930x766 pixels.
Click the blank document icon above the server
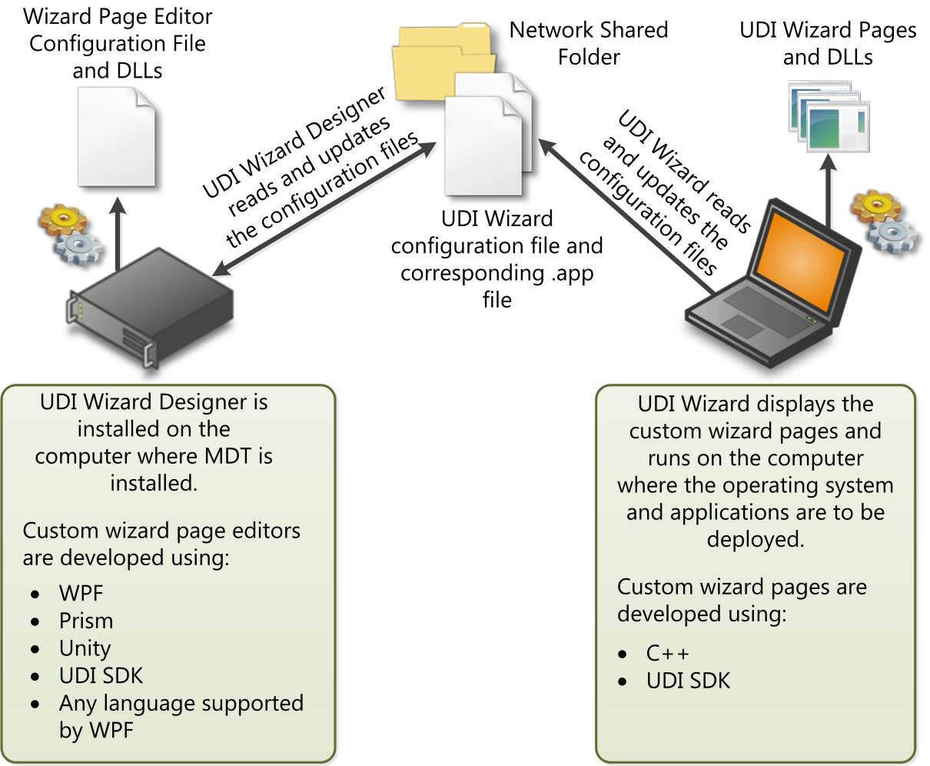point(117,136)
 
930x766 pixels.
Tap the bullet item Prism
point(86,621)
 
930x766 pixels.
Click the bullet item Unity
point(85,648)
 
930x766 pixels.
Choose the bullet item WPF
point(81,593)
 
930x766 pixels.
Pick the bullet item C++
point(668,654)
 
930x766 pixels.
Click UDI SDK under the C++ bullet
point(688,681)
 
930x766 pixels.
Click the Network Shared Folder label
point(588,43)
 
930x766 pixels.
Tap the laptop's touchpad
point(742,326)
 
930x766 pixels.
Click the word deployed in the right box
point(755,539)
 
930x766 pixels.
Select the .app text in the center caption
point(573,273)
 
